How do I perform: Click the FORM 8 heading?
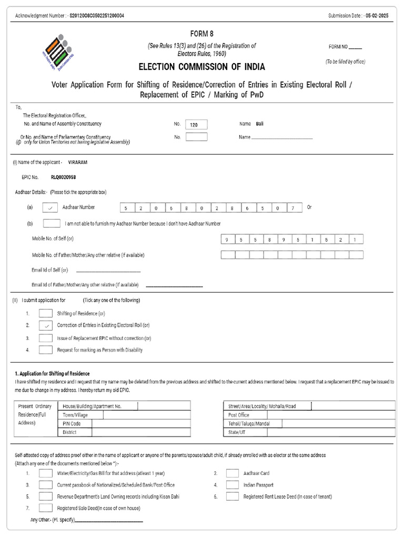[x=201, y=34]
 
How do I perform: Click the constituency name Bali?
[x=260, y=124]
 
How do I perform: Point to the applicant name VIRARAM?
[x=78, y=163]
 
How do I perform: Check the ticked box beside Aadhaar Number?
[x=50, y=208]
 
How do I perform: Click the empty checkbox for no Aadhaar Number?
[x=51, y=223]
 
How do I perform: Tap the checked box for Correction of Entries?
[x=46, y=325]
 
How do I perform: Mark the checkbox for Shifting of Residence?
[x=46, y=313]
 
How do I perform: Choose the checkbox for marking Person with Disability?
[x=46, y=349]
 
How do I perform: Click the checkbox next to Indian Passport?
[x=233, y=484]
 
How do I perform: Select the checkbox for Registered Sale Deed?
[x=46, y=508]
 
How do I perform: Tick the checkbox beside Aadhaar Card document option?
[x=233, y=473]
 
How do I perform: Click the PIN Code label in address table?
[x=72, y=423]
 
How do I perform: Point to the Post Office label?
[x=239, y=415]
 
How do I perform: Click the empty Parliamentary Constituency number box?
[x=196, y=137]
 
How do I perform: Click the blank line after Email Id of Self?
[x=108, y=271]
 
